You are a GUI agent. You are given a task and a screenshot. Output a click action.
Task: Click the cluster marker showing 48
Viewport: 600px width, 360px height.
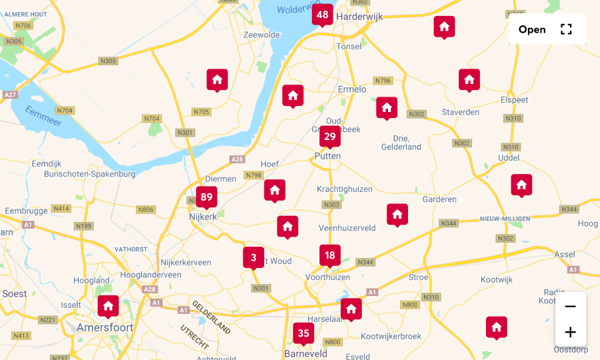[x=323, y=15]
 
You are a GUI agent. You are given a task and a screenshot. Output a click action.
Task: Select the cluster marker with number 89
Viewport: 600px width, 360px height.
[x=207, y=197]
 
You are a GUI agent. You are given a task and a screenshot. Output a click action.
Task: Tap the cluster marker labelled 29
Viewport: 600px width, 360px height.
[x=329, y=137]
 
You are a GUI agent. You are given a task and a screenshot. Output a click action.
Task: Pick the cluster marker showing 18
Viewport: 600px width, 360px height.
[x=329, y=255]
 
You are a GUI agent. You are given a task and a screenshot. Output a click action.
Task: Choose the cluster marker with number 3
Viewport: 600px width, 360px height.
[x=253, y=257]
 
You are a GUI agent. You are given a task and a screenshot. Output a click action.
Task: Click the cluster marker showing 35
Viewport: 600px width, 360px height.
[x=303, y=333]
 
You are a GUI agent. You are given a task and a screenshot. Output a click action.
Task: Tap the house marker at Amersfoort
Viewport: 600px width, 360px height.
[x=108, y=307]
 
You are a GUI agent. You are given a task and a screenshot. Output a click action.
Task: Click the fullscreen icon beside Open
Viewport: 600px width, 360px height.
[x=566, y=29]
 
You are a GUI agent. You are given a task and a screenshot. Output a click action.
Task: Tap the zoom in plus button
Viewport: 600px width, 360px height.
[x=570, y=332]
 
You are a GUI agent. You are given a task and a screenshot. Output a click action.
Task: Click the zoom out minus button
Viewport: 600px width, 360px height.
[x=570, y=307]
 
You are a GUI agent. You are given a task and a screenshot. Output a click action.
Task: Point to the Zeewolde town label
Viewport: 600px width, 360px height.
[x=261, y=35]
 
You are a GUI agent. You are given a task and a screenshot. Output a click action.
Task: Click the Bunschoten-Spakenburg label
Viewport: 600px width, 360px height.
[x=89, y=174]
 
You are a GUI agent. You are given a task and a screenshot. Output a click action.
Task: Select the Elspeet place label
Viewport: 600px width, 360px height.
[x=514, y=100]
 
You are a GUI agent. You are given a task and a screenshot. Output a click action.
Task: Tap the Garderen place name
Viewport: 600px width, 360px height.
[x=439, y=199]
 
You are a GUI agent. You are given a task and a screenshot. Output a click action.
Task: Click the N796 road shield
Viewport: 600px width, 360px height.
[x=383, y=81]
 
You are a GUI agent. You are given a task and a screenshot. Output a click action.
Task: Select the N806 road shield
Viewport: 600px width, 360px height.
[x=146, y=209]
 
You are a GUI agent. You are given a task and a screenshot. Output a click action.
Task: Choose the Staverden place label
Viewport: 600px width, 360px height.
[x=461, y=113]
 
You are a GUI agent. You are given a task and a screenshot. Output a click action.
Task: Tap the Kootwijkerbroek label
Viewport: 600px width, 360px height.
[x=391, y=337]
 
